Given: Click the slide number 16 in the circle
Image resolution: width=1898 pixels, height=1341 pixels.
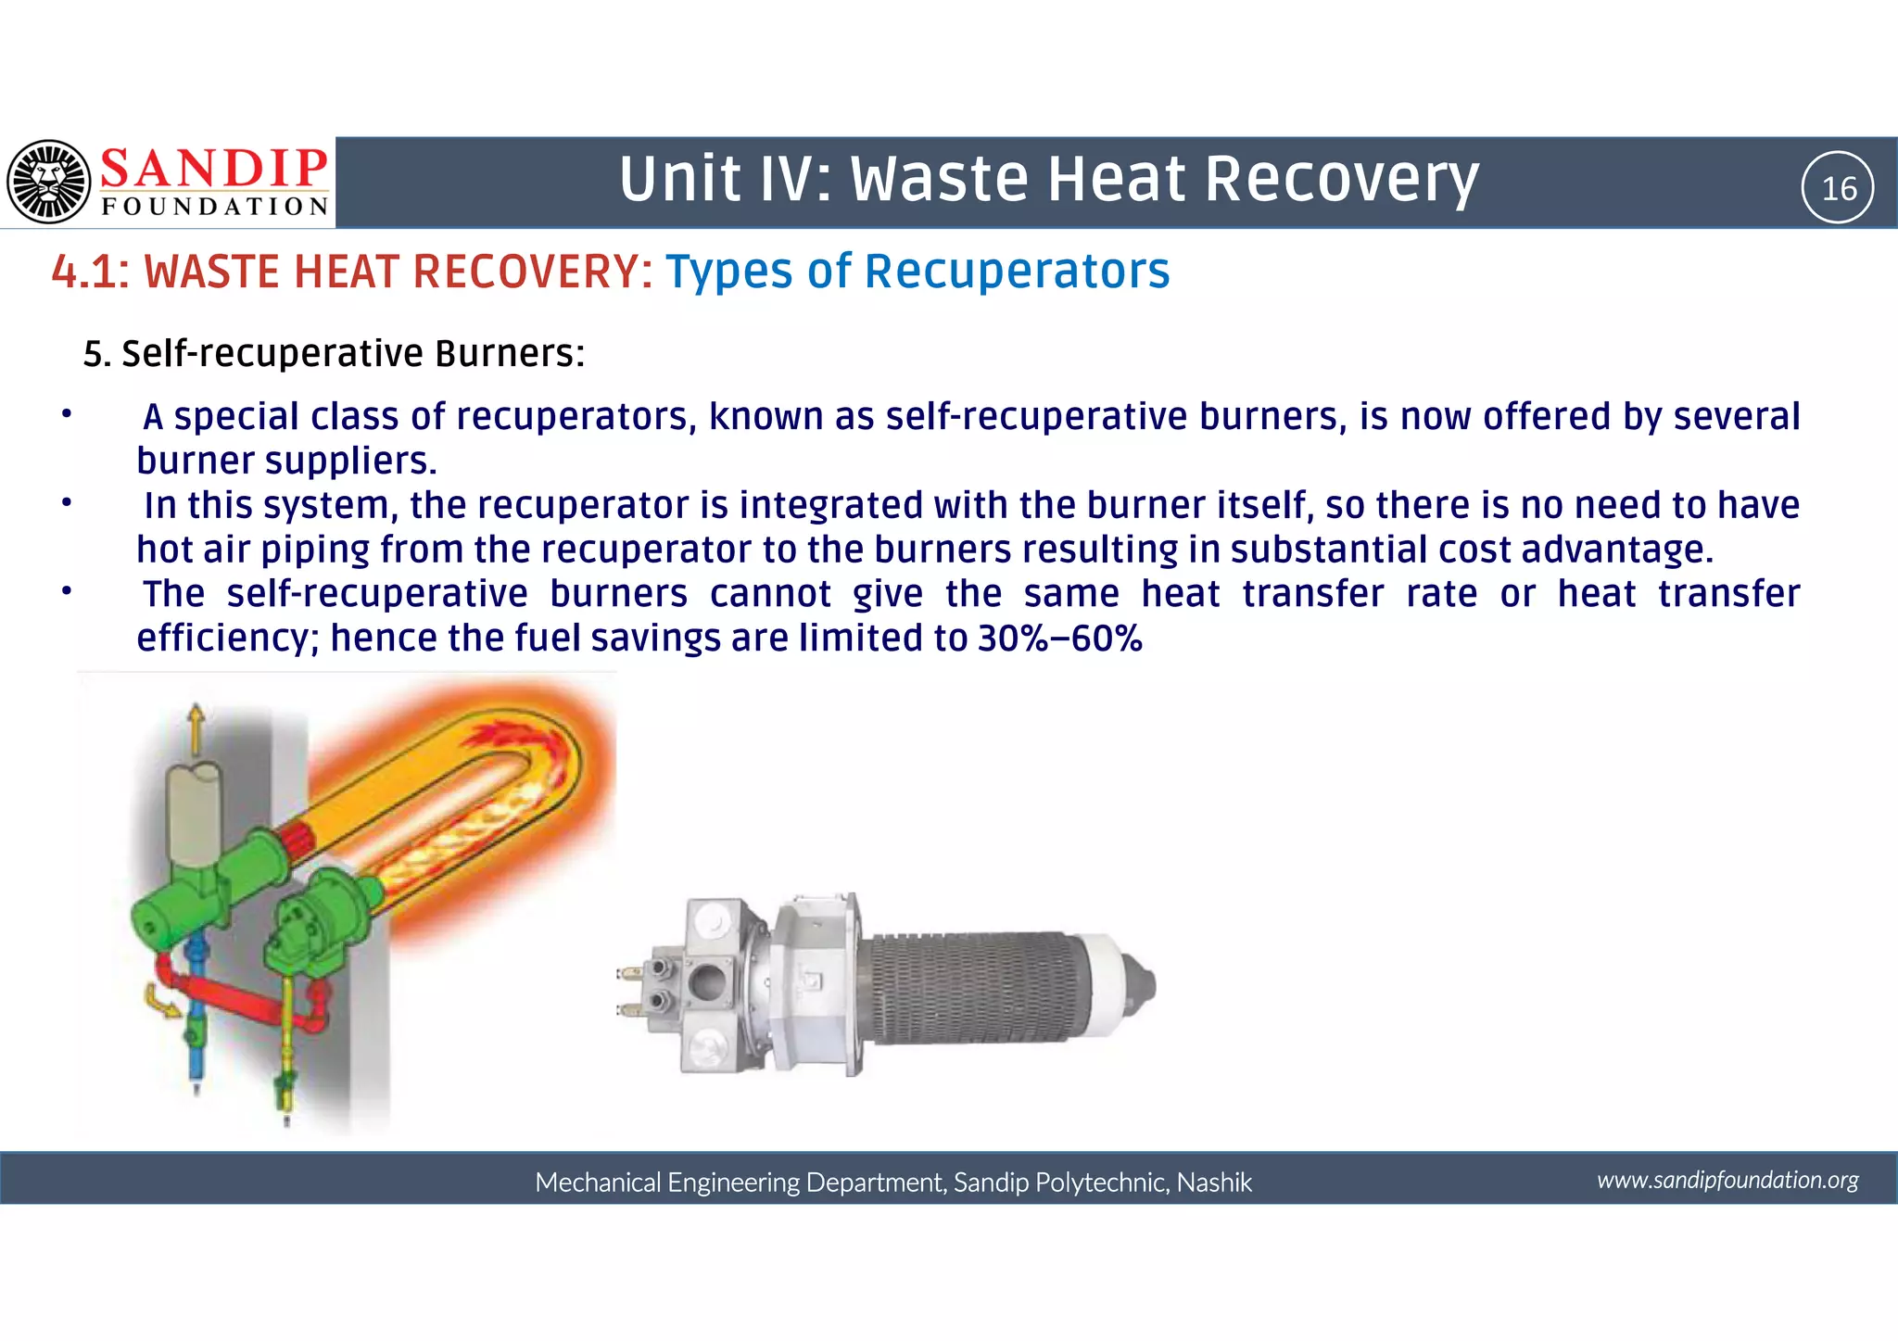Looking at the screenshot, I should point(1839,189).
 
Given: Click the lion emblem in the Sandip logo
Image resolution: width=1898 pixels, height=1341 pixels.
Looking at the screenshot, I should point(49,182).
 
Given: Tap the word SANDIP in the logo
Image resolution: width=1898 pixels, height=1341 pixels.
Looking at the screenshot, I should point(213,169).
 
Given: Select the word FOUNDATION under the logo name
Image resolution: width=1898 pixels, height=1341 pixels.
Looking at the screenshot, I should point(215,207).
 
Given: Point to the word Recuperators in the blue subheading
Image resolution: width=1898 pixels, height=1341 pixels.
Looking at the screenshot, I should point(1017,272).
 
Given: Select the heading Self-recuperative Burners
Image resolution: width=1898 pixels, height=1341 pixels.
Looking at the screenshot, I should point(352,354).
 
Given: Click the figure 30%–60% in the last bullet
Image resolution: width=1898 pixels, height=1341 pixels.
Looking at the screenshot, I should point(1059,639).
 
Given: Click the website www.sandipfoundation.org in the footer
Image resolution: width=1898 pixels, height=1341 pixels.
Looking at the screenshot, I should point(1727,1180).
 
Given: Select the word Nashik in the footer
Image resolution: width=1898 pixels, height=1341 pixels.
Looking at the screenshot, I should point(1214,1183).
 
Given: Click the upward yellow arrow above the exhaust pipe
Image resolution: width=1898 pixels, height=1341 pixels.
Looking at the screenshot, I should point(196,727).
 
